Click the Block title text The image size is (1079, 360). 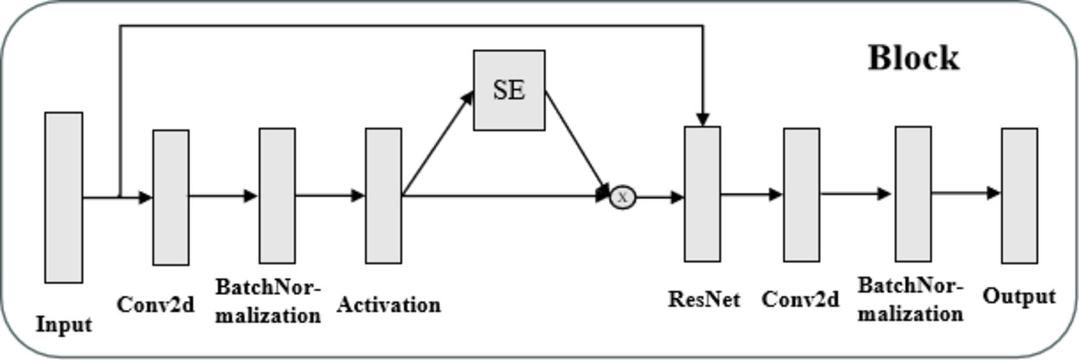point(913,58)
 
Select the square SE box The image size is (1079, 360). point(509,90)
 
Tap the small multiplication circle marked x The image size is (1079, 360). point(622,197)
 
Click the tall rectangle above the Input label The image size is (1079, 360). point(64,197)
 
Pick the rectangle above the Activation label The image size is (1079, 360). point(383,196)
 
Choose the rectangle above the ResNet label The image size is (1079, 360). point(702,194)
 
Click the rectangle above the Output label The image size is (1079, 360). point(1019,195)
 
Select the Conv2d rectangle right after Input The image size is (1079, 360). point(170,197)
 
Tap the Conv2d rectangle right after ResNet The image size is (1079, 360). point(801,195)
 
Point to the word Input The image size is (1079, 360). point(64,324)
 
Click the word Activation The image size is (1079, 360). point(388,305)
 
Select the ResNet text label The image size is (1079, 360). point(704,299)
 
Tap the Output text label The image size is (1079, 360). point(1019,296)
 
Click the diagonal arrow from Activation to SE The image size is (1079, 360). point(438,144)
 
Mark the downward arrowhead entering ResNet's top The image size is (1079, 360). point(703,119)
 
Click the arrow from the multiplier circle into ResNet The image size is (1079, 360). point(659,197)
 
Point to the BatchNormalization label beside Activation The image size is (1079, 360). point(268,301)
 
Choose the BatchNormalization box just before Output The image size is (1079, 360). point(913,194)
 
